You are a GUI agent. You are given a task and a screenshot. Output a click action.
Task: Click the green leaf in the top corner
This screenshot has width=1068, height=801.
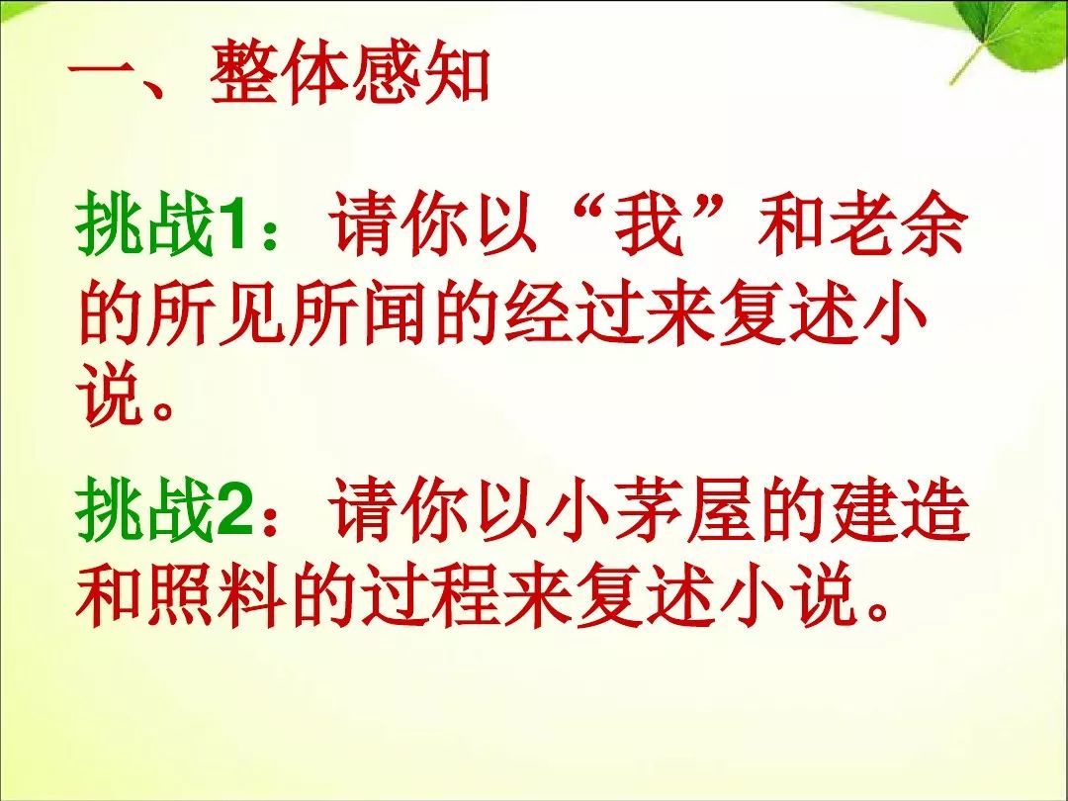1008,38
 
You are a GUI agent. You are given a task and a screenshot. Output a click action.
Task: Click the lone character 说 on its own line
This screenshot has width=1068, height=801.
112,398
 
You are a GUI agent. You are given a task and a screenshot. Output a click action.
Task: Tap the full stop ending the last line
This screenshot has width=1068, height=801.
878,610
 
